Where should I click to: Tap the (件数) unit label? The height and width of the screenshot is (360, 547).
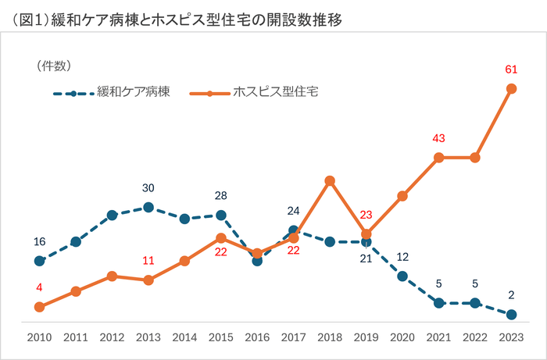pyautogui.click(x=54, y=66)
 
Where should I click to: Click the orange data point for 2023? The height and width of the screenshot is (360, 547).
pyautogui.click(x=511, y=88)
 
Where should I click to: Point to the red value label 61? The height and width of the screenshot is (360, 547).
pyautogui.click(x=511, y=70)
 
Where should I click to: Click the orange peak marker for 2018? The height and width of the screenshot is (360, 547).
pyautogui.click(x=330, y=180)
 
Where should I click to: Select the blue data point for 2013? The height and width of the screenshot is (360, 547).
pyautogui.click(x=148, y=207)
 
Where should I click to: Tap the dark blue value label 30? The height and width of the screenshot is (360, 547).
pyautogui.click(x=148, y=188)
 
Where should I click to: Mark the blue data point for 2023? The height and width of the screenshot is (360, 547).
pyautogui.click(x=511, y=315)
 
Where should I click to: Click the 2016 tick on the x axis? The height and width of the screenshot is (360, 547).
pyautogui.click(x=257, y=338)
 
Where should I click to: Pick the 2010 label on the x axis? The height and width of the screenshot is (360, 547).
pyautogui.click(x=39, y=338)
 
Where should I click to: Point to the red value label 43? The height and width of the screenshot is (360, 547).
pyautogui.click(x=438, y=138)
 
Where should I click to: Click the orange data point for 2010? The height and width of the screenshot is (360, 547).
pyautogui.click(x=39, y=307)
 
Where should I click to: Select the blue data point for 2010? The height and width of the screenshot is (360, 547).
pyautogui.click(x=39, y=261)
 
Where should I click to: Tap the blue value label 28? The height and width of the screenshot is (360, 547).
pyautogui.click(x=221, y=195)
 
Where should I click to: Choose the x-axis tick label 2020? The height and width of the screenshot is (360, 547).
pyautogui.click(x=402, y=338)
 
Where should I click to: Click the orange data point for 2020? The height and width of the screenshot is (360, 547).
pyautogui.click(x=402, y=196)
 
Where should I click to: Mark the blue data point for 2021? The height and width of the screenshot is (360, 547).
pyautogui.click(x=438, y=302)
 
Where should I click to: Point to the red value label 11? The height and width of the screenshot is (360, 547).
pyautogui.click(x=148, y=261)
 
